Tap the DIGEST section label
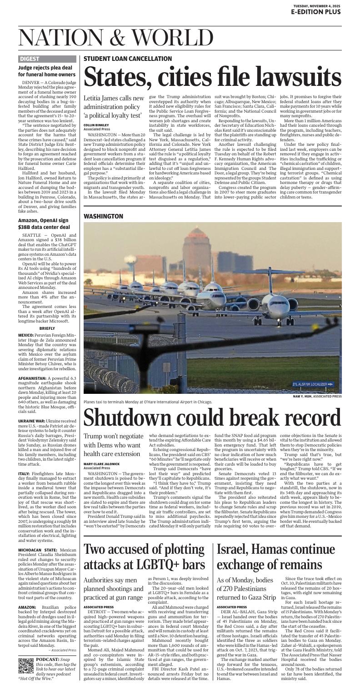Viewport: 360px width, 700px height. (30, 59)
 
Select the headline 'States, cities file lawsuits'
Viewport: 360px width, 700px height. (212, 77)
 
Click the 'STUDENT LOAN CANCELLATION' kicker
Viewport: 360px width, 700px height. (128, 59)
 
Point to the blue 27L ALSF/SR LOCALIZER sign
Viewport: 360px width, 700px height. (313, 384)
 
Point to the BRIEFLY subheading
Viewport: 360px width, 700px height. (47, 328)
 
